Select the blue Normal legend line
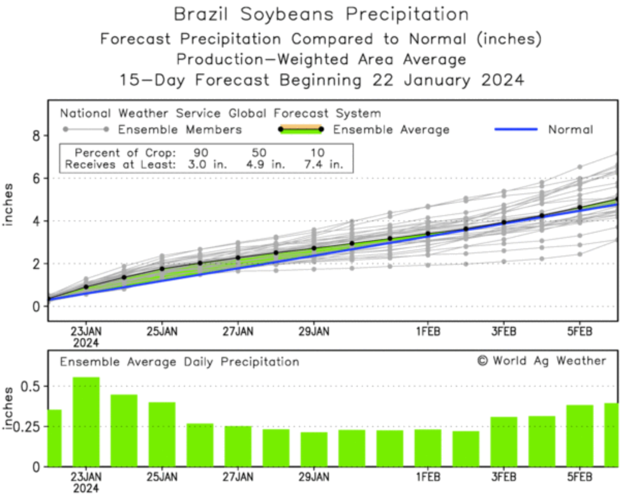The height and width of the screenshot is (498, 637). click(516, 129)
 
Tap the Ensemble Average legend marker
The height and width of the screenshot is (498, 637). click(300, 129)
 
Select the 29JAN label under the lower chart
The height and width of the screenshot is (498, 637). click(314, 476)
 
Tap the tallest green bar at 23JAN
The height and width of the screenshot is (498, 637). click(86, 421)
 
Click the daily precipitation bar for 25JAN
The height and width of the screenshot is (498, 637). click(162, 434)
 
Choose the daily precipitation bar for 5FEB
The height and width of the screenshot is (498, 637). click(580, 435)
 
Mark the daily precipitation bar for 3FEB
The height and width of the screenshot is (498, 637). click(504, 442)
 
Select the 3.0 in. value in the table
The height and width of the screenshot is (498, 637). click(198, 165)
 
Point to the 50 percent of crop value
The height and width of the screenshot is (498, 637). click(260, 154)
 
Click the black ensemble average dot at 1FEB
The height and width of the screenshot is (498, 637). click(428, 234)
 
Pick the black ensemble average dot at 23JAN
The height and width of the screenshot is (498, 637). click(86, 287)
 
